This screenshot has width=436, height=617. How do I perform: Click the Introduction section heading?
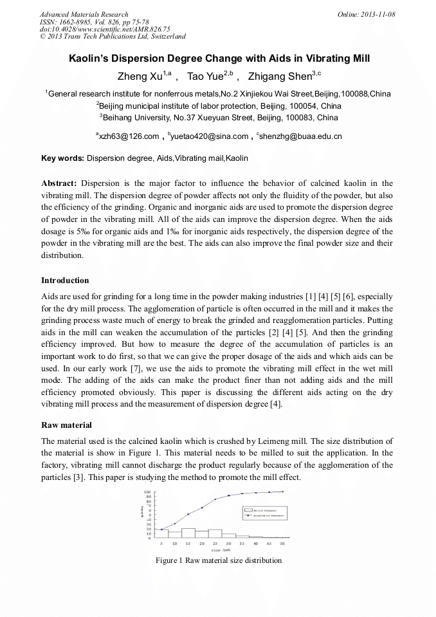click(x=65, y=281)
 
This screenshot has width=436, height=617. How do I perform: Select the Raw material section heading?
click(x=66, y=425)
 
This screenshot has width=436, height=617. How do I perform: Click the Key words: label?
click(x=62, y=158)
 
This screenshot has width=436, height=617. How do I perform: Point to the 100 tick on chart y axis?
click(x=147, y=492)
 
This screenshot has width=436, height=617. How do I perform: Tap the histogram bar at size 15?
click(x=188, y=533)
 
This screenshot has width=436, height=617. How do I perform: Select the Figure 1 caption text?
click(x=218, y=560)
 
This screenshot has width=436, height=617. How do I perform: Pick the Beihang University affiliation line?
click(x=218, y=118)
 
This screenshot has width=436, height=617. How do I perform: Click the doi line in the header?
click(x=105, y=29)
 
